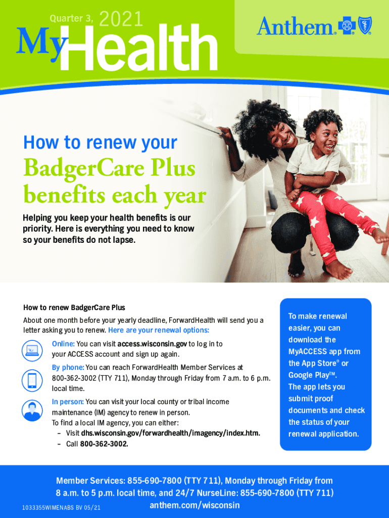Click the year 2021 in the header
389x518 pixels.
click(121, 19)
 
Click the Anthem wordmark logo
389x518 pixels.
click(296, 26)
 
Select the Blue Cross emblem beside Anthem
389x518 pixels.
click(347, 25)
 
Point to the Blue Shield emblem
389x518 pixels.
click(365, 25)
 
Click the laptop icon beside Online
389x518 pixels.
click(32, 350)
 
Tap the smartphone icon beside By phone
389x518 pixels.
click(32, 380)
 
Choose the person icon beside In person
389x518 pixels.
click(32, 411)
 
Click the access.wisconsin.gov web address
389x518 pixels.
click(152, 344)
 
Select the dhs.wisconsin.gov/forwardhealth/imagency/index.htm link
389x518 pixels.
click(171, 433)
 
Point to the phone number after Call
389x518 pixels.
click(104, 444)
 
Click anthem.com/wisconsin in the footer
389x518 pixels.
click(194, 505)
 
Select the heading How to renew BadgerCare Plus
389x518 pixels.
click(74, 308)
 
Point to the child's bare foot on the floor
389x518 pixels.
click(338, 270)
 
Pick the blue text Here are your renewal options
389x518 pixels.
click(159, 330)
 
